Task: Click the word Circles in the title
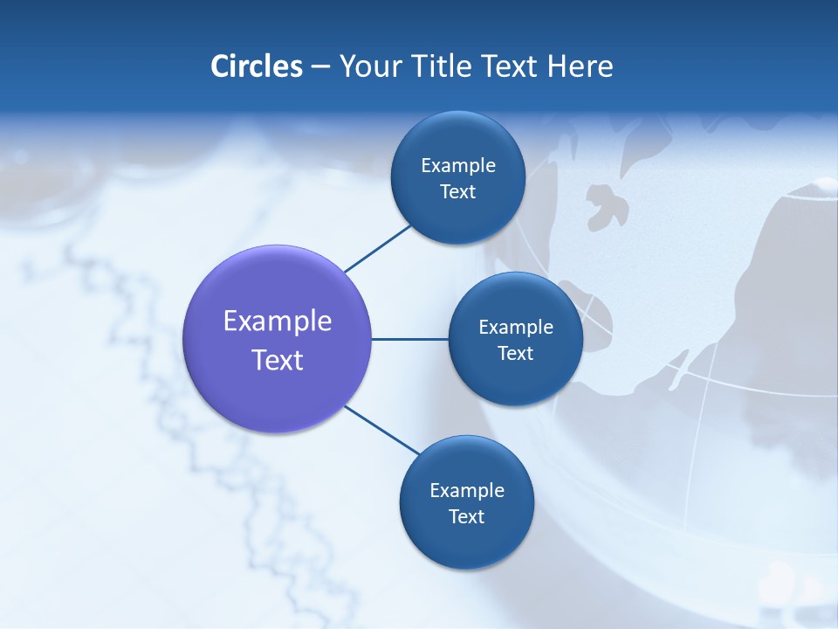click(256, 66)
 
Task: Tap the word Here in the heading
click(580, 66)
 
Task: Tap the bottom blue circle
click(466, 542)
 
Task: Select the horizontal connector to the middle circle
click(410, 339)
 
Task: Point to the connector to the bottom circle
click(382, 429)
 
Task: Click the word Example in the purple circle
click(278, 321)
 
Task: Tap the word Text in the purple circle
click(278, 360)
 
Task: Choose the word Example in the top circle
click(458, 166)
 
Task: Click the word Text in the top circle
click(457, 191)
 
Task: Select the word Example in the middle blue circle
click(516, 328)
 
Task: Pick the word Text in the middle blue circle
click(515, 353)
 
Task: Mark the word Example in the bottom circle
click(467, 491)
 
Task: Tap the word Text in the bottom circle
click(466, 516)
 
